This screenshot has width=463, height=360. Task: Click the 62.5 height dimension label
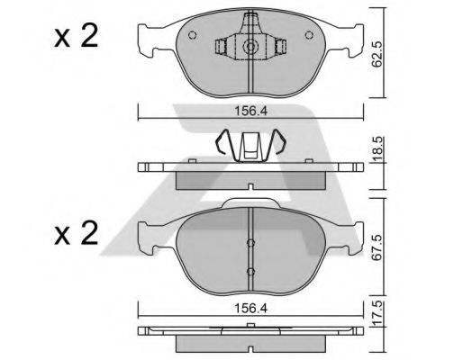pyautogui.click(x=377, y=54)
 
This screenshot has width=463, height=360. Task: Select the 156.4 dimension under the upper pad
pyautogui.click(x=250, y=112)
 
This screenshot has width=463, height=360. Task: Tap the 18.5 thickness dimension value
pyautogui.click(x=378, y=149)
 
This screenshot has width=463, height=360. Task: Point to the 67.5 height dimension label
pyautogui.click(x=377, y=247)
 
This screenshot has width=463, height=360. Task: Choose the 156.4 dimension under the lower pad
pyautogui.click(x=250, y=309)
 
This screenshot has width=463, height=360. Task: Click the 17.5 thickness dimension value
pyautogui.click(x=378, y=313)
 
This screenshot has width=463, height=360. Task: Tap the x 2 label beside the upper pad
pyautogui.click(x=77, y=37)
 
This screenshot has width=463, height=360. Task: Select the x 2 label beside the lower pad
pyautogui.click(x=77, y=233)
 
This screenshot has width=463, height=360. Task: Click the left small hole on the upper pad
pyautogui.click(x=192, y=35)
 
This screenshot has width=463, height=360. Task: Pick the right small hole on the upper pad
pyautogui.click(x=309, y=35)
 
